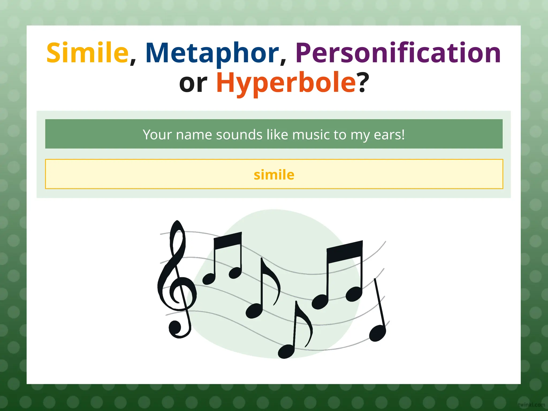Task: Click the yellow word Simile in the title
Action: tap(87, 53)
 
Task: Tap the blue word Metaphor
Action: tap(212, 53)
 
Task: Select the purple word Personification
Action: tap(398, 53)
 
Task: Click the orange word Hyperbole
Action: tap(286, 83)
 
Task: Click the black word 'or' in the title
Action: tap(193, 83)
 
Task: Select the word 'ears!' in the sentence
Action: tap(389, 135)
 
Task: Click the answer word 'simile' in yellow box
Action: tap(274, 175)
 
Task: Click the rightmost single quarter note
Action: tap(378, 332)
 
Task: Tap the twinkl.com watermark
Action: tap(531, 405)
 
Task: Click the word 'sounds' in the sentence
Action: tap(239, 135)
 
